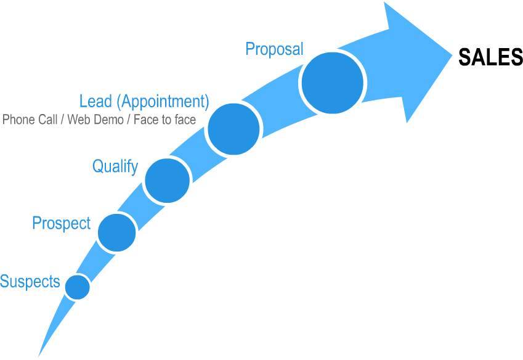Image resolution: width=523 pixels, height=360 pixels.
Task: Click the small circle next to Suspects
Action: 78,287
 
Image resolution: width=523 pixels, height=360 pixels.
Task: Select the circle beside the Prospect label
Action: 116,232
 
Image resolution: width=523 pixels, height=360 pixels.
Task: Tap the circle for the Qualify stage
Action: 166,180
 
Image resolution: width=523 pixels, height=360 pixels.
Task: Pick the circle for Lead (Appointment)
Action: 234,129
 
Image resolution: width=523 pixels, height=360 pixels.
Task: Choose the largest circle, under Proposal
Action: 333,83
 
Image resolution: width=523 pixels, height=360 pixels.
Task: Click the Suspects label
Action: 30,282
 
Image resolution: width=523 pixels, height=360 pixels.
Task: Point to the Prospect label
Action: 61,223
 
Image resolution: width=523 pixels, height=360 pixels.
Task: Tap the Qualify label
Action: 115,166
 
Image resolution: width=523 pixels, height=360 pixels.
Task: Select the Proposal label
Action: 275,49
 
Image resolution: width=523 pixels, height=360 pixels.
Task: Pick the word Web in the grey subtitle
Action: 77,120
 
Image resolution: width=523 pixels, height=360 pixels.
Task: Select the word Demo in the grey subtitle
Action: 107,120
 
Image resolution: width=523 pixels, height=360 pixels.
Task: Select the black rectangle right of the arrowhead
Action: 490,56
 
